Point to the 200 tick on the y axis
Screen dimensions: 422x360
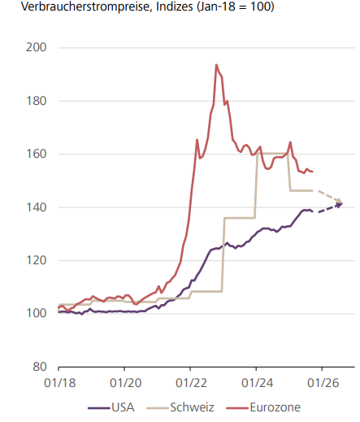36,48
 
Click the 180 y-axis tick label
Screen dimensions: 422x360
36,101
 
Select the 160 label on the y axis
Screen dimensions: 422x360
36,154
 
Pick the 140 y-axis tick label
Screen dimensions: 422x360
36,207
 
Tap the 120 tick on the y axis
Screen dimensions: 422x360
36,260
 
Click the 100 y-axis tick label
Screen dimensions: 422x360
36,314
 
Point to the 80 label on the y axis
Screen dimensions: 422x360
39,367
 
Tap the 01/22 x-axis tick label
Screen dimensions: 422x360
190,382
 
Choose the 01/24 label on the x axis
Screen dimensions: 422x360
256,382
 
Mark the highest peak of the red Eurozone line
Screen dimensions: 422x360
215,64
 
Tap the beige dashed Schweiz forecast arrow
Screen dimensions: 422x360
328,197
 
